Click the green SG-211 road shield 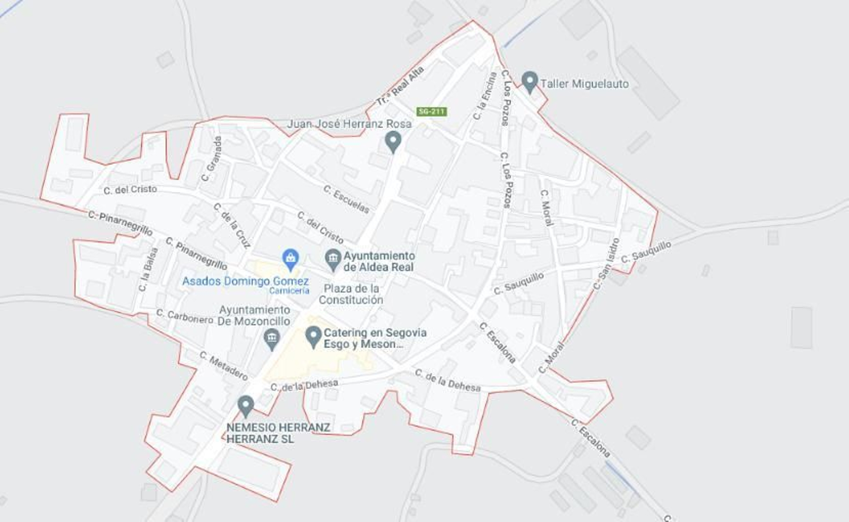click(x=431, y=111)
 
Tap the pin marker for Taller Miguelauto click(x=529, y=82)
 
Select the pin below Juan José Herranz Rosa click(x=393, y=142)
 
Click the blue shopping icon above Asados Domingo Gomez click(x=290, y=259)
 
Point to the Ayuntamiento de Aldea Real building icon click(x=333, y=259)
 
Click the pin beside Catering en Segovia click(x=313, y=336)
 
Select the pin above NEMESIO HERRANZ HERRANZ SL click(x=245, y=406)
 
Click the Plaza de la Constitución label click(x=351, y=294)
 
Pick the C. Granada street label click(x=212, y=159)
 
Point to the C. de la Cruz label click(x=232, y=225)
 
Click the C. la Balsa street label click(x=148, y=269)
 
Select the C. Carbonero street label click(x=185, y=316)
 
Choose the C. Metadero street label click(x=223, y=366)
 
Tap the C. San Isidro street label click(x=607, y=264)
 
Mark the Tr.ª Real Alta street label click(x=401, y=85)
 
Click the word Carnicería click(x=289, y=291)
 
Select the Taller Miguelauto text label click(x=584, y=84)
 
